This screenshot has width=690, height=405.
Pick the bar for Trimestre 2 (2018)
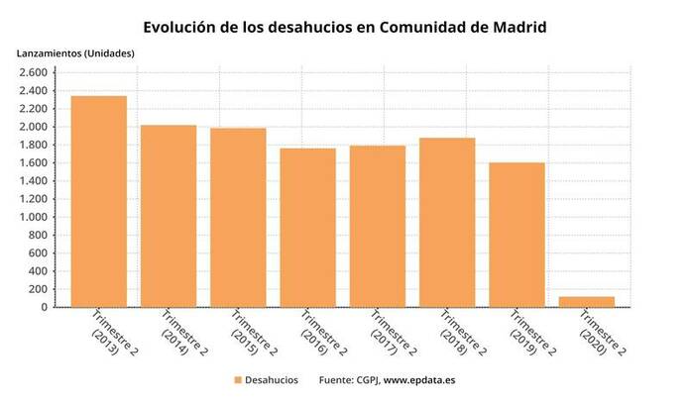coord(447,223)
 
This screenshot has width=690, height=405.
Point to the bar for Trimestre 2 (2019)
coord(517,235)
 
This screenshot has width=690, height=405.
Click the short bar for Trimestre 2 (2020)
coord(586,301)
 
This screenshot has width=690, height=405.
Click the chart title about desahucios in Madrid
coord(344,27)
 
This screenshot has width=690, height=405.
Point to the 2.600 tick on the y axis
coord(32,73)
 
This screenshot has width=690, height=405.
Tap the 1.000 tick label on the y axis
coord(32,217)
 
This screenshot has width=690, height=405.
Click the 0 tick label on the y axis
coord(43,307)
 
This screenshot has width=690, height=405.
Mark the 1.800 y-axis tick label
coord(32,146)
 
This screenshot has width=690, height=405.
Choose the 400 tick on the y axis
coord(37,271)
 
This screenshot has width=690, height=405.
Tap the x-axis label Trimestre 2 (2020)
coord(600,339)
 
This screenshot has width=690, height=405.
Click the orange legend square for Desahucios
coord(237,380)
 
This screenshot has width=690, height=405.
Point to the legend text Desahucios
coord(272,380)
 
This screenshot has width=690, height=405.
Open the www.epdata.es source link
coord(419,380)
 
